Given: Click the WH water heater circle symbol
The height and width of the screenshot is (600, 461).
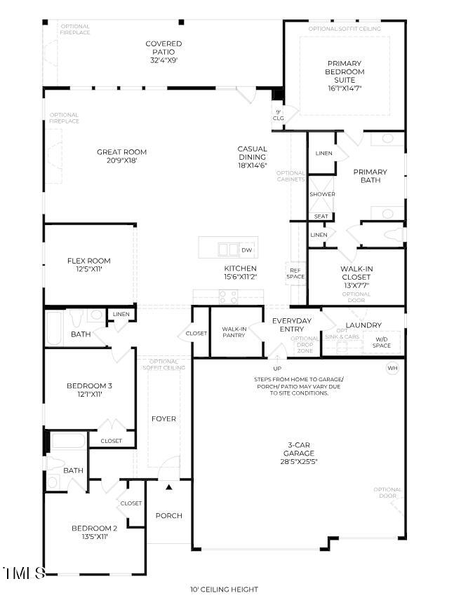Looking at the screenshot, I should click(x=392, y=368).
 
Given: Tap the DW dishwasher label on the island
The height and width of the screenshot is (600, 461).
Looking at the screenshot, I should click(x=246, y=250).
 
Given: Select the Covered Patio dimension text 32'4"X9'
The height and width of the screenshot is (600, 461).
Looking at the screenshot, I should click(x=163, y=60).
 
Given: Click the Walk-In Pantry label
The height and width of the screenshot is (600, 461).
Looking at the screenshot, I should click(x=234, y=332).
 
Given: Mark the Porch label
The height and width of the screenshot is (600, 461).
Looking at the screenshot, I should click(x=168, y=515).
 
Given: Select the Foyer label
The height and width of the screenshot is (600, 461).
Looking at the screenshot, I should click(x=163, y=419).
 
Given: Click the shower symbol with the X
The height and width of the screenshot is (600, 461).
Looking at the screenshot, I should click(x=321, y=194).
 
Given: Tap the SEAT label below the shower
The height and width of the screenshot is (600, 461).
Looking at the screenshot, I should click(x=321, y=217).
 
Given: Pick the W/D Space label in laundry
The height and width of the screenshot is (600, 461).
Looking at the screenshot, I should click(x=381, y=342).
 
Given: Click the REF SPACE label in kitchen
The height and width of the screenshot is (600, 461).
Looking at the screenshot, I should click(x=295, y=273).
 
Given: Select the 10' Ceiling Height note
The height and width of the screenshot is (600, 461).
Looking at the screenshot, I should click(x=224, y=589).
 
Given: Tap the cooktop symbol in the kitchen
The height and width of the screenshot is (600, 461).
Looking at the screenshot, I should click(x=229, y=296).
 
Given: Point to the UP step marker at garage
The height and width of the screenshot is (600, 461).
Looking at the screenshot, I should click(x=277, y=368).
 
